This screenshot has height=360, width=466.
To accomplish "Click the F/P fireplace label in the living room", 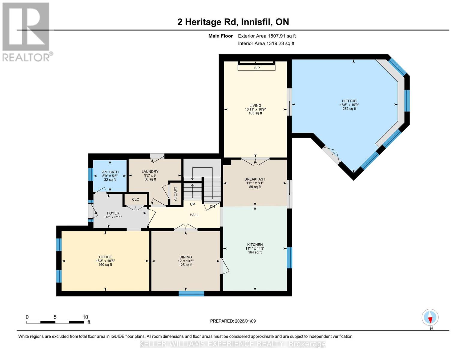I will tap(257, 68).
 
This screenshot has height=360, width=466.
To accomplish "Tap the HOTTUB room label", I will tap(349, 101).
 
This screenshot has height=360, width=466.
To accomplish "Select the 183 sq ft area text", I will tap(255, 113).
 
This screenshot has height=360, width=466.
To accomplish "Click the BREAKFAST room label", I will tap(255, 179).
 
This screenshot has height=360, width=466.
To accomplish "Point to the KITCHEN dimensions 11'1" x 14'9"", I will tap(255, 248).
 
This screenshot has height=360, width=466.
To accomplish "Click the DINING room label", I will tap(185, 257).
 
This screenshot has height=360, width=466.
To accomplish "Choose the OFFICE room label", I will tap(105, 257).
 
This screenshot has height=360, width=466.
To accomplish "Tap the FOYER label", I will tap(113, 213).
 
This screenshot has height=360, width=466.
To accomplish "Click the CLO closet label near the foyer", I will tap(136, 199).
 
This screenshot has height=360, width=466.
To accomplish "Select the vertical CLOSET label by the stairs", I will tap(176, 194).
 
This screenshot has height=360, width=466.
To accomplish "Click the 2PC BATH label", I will tap(110, 172).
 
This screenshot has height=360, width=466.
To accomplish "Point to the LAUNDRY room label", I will tap(150, 172).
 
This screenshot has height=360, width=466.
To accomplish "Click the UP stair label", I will tap(192, 204).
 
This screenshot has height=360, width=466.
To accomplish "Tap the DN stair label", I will tap(212, 207).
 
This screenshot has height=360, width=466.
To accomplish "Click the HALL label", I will tap(194, 215).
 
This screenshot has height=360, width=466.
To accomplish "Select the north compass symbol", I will tap(430, 317).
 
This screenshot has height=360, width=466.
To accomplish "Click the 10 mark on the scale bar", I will tap(85, 317).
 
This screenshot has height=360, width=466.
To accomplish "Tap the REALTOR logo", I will tap(26, 31).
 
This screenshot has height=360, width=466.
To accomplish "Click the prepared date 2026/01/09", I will tap(245, 321).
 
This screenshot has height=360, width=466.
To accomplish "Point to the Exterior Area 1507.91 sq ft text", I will tap(267, 36).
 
